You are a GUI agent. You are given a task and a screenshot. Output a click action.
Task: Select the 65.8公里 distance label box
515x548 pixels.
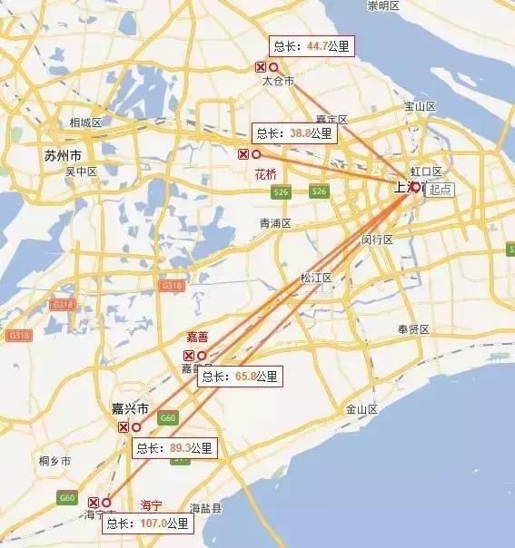point(241,376)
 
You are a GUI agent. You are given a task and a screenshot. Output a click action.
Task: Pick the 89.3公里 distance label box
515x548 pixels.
point(174,447)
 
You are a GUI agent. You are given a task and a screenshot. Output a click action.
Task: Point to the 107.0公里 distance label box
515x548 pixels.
point(147,524)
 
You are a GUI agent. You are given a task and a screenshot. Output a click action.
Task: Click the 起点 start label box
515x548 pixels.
point(441,190)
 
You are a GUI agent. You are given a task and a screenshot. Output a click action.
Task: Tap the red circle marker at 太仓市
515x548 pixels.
point(273,67)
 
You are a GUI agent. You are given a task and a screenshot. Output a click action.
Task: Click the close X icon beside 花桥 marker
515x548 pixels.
point(243,154)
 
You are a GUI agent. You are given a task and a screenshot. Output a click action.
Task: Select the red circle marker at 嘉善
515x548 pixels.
point(202,356)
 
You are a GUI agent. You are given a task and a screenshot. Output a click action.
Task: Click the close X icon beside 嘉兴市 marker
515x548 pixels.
point(123,427)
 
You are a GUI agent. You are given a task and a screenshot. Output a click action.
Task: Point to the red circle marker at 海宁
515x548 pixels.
point(106,502)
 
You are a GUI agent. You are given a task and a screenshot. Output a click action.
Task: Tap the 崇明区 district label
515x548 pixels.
point(383,5)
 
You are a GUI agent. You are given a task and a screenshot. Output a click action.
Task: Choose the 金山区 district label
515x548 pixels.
point(361,409)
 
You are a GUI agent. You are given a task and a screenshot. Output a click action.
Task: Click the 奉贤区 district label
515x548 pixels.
point(413,329)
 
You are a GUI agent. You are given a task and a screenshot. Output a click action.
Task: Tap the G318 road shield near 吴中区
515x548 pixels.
point(63,305)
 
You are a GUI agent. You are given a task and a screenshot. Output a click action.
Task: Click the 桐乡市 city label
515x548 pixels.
point(54,462)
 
